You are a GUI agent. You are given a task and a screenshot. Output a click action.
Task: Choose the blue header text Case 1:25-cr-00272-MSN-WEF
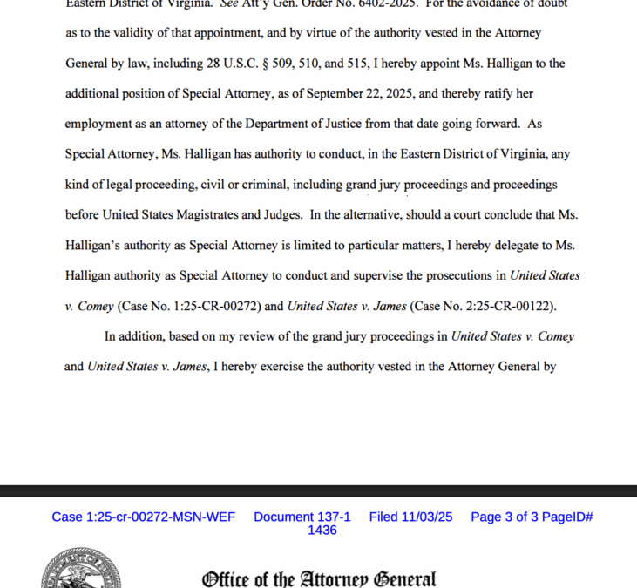(143, 517)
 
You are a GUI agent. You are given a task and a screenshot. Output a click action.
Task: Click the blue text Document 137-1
(302, 517)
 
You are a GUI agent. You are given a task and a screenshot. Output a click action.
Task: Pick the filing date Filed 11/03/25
(410, 517)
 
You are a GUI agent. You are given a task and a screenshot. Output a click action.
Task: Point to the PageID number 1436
(322, 530)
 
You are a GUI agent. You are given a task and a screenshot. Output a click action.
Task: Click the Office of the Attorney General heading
(319, 578)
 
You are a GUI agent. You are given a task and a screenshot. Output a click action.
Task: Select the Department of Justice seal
(80, 571)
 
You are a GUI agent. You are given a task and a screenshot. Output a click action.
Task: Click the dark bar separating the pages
(318, 490)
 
